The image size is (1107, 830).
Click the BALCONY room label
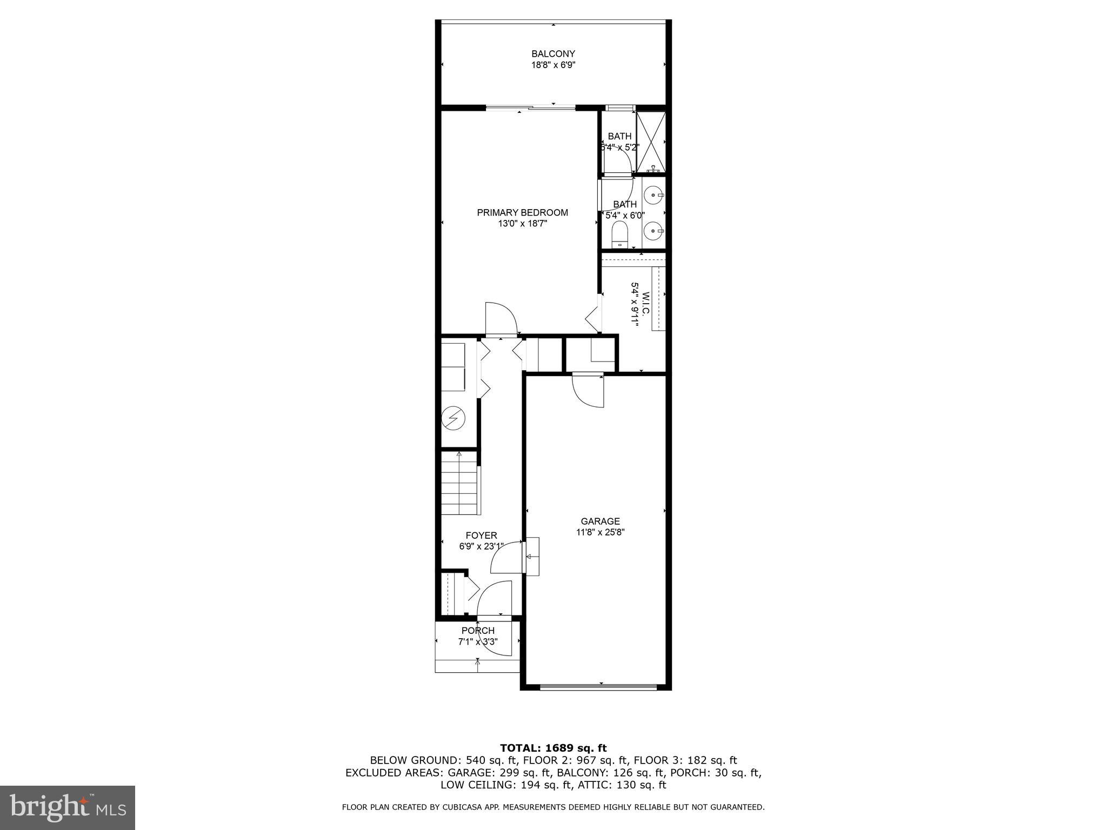coord(553,54)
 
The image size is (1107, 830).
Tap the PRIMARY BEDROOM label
coord(522,213)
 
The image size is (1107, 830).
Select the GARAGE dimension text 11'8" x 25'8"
coord(600,532)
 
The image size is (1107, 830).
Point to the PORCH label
coord(478,631)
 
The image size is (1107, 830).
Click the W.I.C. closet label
coord(645,304)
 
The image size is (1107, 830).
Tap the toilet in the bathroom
coord(619,236)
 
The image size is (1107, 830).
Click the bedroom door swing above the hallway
coord(502,319)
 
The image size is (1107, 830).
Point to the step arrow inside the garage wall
coord(531,557)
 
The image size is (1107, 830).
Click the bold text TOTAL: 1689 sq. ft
coord(553,748)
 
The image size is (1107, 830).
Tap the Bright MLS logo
coord(68,808)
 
